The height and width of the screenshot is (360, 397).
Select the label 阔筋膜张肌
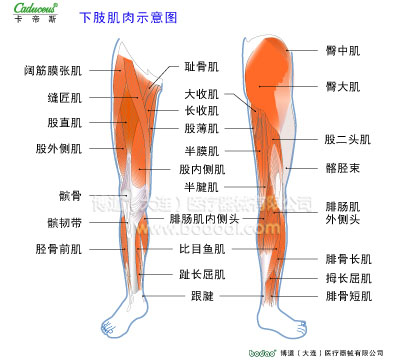(53, 72)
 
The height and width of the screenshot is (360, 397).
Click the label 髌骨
(71, 196)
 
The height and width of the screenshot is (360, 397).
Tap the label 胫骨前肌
(58, 248)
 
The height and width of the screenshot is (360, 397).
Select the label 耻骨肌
(202, 67)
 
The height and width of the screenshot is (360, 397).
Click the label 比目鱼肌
(202, 248)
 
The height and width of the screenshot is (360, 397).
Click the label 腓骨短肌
(348, 296)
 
